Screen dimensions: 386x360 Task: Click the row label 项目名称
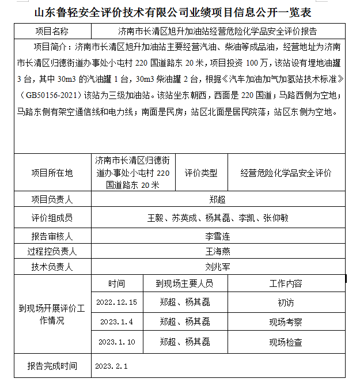coord(52,31)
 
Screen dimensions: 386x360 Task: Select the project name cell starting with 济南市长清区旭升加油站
coord(217,31)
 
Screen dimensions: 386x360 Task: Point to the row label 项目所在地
coord(52,173)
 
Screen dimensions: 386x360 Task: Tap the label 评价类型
coord(201,173)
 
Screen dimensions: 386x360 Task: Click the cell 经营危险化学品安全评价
coord(286,173)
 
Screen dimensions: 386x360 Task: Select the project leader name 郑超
coord(217,200)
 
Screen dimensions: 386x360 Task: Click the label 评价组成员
coord(52,218)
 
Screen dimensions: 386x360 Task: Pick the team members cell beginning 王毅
coord(217,218)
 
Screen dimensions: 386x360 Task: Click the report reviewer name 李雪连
coord(217,236)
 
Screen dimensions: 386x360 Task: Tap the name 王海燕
coord(217,251)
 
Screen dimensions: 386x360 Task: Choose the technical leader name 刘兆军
coord(217,267)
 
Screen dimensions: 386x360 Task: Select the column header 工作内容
coord(286,283)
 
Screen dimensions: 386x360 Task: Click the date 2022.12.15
coord(117,302)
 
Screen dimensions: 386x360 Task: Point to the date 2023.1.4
coord(117,321)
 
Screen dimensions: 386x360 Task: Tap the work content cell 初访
coord(286,302)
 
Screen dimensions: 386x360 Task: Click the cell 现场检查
coord(286,342)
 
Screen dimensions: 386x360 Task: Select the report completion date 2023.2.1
coord(111,366)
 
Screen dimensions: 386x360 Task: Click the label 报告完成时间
coord(52,366)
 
